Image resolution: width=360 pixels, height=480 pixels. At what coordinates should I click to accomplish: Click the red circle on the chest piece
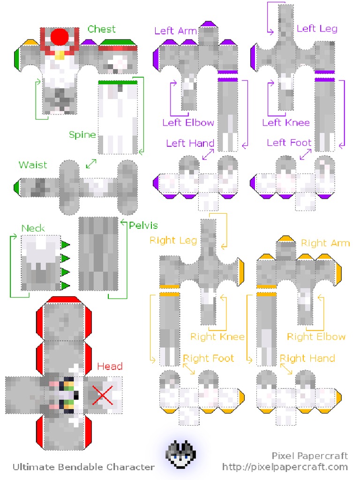point(60,37)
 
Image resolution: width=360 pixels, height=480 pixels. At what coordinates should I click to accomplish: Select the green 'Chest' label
point(101,29)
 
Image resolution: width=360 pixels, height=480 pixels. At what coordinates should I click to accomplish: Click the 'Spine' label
point(82,135)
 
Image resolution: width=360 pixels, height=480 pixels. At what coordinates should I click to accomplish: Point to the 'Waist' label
point(33,165)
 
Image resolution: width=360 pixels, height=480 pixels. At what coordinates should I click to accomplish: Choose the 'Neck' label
point(33,228)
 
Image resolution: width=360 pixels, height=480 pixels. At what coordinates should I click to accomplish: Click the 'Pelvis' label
point(143,225)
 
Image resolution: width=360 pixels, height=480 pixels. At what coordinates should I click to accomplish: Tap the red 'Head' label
point(110,366)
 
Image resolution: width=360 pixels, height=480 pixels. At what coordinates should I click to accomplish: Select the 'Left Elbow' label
point(188,123)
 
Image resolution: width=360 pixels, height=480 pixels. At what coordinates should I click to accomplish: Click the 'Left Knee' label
point(286,123)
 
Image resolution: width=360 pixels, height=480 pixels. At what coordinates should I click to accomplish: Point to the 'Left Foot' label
point(289,142)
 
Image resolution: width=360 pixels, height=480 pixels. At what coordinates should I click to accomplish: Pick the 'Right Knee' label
point(217,337)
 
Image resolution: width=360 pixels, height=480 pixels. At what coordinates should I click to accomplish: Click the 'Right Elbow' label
point(316,337)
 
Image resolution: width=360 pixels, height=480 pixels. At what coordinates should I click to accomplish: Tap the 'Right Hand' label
point(307,359)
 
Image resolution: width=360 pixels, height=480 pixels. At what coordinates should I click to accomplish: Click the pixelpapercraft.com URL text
point(285,467)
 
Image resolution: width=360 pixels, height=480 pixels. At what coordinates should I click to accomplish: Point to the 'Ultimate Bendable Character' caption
point(83,467)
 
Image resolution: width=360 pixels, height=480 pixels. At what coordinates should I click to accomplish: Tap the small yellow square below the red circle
point(60,54)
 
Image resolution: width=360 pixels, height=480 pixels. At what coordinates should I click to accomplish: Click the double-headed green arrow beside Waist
point(91,164)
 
